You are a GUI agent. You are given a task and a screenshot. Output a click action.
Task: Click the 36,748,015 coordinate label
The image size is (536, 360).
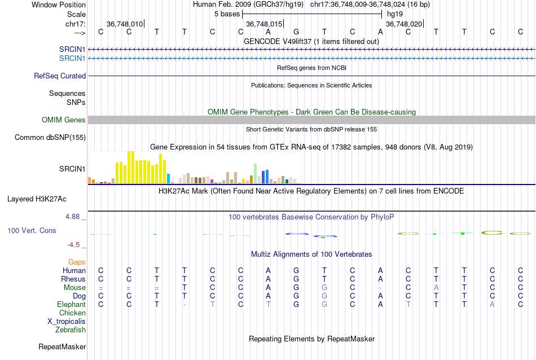(264, 24)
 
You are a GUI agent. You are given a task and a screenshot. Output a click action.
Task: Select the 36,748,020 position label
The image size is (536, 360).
(403, 24)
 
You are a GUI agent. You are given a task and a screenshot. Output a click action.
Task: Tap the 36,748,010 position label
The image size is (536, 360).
(125, 24)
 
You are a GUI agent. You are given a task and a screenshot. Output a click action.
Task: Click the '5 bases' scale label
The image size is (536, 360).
(226, 14)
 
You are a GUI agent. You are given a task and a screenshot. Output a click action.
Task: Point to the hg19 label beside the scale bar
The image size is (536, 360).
(395, 14)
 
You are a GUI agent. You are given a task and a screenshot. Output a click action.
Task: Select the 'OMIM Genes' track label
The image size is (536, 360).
(64, 120)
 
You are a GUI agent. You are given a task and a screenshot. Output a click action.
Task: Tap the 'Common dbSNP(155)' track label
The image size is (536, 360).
(50, 137)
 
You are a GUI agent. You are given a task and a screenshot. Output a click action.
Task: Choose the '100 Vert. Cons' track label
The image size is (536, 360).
(32, 230)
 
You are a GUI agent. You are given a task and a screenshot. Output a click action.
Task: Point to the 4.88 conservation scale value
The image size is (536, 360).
(75, 216)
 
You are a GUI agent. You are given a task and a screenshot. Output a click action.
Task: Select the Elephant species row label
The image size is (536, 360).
(71, 304)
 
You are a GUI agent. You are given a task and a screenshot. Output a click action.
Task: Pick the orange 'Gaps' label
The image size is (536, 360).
(77, 262)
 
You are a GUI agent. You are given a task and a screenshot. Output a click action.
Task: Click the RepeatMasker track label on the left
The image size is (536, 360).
(62, 346)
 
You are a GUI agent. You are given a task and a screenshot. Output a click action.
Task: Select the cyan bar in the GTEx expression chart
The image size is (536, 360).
(169, 178)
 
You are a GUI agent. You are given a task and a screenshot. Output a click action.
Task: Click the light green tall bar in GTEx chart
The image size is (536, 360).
(256, 173)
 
